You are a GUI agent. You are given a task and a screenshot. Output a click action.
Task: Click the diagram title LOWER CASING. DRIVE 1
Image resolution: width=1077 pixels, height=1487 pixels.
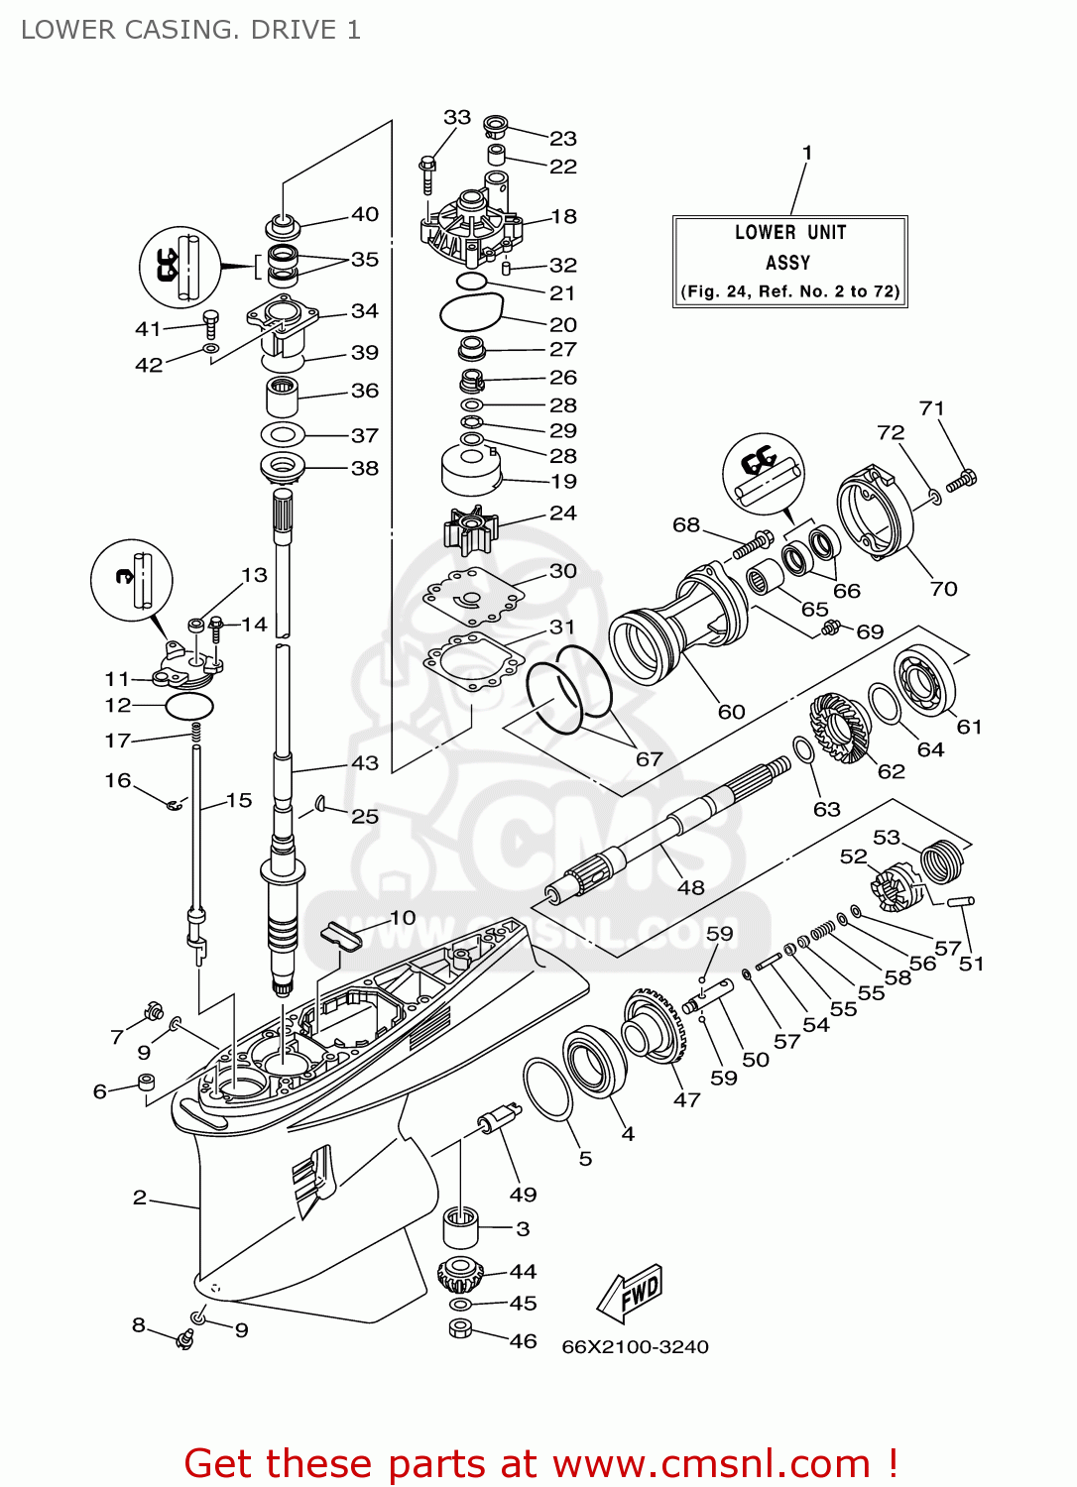[190, 30]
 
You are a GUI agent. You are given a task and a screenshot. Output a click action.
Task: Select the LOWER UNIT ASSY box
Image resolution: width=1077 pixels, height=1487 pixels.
[789, 262]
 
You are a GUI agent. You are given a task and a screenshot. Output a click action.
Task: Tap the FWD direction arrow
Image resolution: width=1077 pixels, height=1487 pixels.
[631, 1293]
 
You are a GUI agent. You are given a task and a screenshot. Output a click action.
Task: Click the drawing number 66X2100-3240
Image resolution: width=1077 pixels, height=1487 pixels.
[635, 1346]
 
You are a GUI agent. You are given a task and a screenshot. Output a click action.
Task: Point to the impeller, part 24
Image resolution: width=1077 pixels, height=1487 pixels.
[469, 530]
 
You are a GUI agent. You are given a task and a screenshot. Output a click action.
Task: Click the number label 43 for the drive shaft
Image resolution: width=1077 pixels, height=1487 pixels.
[365, 762]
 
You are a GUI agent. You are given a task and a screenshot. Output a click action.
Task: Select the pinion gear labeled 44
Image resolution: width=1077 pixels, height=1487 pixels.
[459, 1273]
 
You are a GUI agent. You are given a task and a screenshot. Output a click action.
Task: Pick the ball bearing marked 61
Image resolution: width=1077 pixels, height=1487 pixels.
[924, 679]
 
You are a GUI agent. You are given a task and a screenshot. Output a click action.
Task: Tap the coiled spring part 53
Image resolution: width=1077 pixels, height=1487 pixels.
[942, 859]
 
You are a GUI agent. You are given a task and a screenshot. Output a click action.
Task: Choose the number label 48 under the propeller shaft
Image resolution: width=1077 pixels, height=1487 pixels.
[690, 887]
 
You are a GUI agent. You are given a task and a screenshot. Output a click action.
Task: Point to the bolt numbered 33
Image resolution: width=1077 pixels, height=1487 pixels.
[427, 174]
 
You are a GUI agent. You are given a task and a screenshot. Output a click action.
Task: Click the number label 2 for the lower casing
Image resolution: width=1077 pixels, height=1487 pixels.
[140, 1198]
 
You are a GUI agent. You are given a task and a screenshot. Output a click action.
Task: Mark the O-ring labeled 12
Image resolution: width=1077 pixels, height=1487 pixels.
[188, 706]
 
